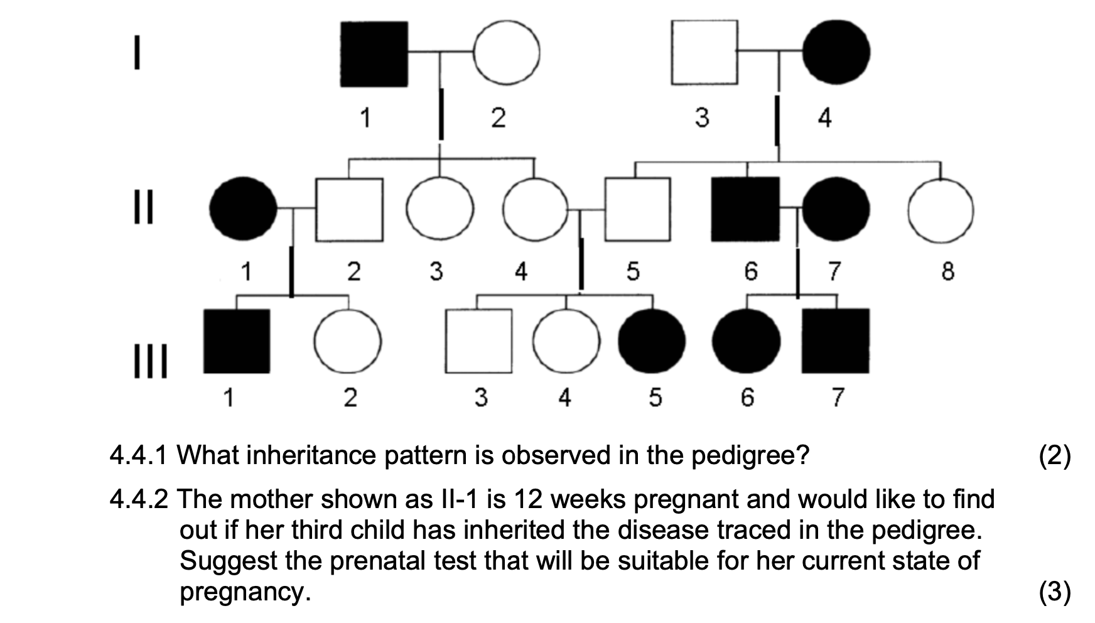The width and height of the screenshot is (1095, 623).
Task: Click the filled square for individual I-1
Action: (x=374, y=54)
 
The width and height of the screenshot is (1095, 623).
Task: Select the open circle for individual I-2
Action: (x=506, y=53)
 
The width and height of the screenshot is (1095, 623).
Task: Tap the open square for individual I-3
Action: (x=704, y=53)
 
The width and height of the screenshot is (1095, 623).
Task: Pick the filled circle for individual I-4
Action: (x=836, y=53)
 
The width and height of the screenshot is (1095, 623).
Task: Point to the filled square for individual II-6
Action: (x=745, y=209)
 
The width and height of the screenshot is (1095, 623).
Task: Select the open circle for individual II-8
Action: (x=941, y=210)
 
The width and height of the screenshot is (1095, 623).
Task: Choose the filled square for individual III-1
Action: (x=237, y=341)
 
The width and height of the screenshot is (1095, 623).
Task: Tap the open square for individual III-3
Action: (x=478, y=341)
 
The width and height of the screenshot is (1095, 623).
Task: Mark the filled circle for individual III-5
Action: (x=652, y=341)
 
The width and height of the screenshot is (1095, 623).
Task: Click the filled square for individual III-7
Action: (x=836, y=341)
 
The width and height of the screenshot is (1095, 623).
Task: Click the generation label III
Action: (x=151, y=363)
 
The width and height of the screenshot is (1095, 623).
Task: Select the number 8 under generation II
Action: (x=947, y=271)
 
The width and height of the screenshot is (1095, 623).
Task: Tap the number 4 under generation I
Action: (x=824, y=117)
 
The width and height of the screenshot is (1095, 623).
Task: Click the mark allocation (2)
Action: (x=1055, y=455)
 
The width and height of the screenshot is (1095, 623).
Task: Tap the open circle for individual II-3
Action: (x=440, y=209)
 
